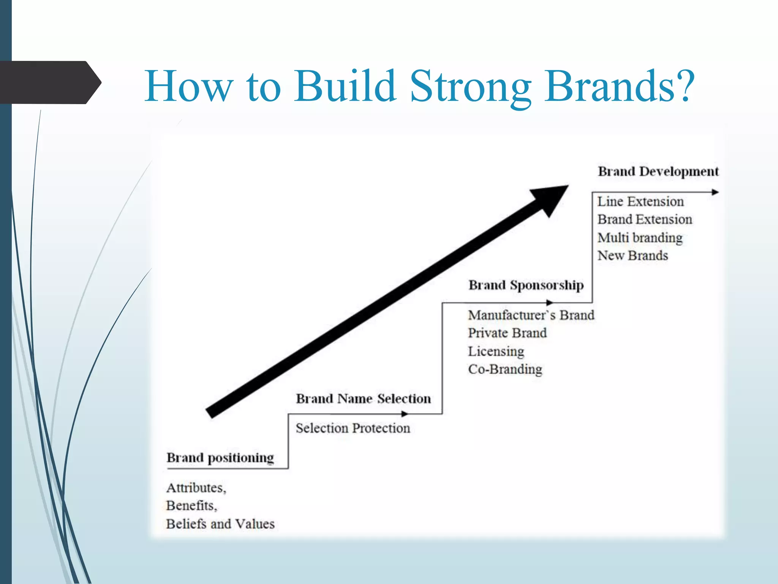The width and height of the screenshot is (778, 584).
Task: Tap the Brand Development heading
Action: click(x=658, y=171)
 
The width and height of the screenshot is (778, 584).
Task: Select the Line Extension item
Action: click(x=640, y=202)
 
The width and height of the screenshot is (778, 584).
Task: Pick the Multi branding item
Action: click(x=640, y=238)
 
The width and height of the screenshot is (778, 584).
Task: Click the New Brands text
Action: click(x=633, y=255)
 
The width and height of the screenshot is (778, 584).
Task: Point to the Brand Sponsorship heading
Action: click(x=526, y=285)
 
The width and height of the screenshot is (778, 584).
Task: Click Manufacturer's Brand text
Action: click(x=531, y=315)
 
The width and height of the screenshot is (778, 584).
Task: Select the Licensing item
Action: click(x=496, y=351)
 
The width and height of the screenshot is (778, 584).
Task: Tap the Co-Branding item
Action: click(x=505, y=369)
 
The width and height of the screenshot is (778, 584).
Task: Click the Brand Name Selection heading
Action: click(x=363, y=399)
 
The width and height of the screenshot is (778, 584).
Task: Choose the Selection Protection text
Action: click(x=353, y=428)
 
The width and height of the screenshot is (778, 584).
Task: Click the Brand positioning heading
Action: click(x=220, y=458)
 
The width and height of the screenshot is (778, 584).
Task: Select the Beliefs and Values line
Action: click(x=220, y=524)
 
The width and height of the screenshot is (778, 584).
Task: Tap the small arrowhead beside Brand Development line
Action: click(x=715, y=192)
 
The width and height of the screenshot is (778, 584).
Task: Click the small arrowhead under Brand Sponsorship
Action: click(x=550, y=303)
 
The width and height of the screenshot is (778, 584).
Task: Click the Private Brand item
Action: click(x=507, y=333)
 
